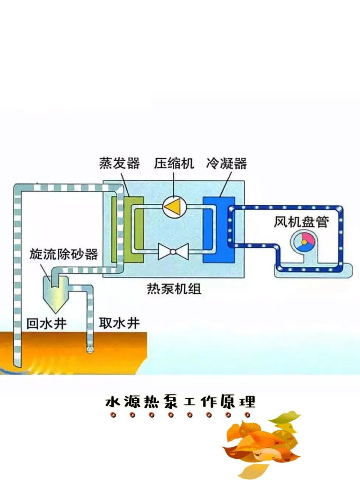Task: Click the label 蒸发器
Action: pos(119,163)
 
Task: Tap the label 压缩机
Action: pos(174,163)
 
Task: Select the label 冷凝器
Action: pos(226,163)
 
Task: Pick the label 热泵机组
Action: pos(174,289)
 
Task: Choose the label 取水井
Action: pos(119,323)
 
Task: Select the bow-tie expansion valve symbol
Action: pos(173,251)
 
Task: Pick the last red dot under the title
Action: pos(247,415)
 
